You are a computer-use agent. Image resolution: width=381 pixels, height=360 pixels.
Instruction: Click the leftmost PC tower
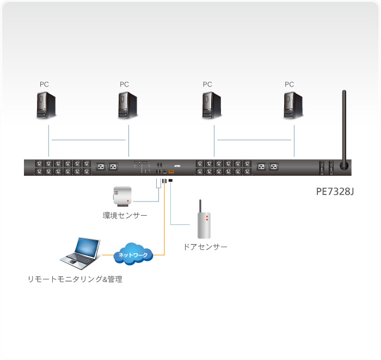pyautogui.click(x=45, y=106)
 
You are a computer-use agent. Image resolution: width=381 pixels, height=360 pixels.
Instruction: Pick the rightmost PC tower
pyautogui.click(x=292, y=106)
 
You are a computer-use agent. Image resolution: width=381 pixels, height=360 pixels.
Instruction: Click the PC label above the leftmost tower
pyautogui.click(x=44, y=84)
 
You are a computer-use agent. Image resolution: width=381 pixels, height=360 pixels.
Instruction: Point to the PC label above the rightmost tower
pyautogui.click(x=289, y=84)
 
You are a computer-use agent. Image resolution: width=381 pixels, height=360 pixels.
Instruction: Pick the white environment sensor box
pyautogui.click(x=121, y=196)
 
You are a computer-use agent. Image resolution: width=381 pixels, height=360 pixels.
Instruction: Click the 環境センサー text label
pyautogui.click(x=125, y=216)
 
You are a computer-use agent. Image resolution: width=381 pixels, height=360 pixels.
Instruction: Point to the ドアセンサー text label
pyautogui.click(x=205, y=247)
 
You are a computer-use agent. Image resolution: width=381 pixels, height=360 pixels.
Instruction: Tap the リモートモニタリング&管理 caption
pyautogui.click(x=75, y=279)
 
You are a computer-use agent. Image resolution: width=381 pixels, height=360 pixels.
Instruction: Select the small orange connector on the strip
pyautogui.click(x=171, y=172)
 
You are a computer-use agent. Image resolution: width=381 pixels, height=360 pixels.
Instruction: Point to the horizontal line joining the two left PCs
pyautogui.click(x=89, y=140)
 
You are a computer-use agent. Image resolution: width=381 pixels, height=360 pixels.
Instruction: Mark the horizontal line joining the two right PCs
pyautogui.click(x=255, y=140)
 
